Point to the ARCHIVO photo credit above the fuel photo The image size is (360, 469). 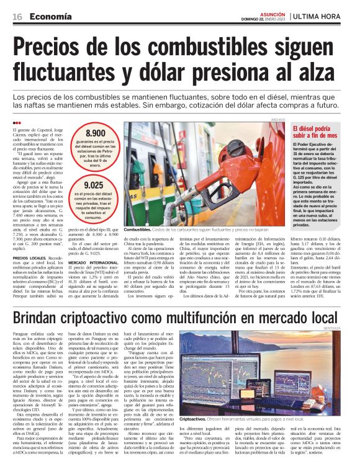click(x=277, y=120)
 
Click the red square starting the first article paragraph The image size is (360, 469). click(x=15, y=128)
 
